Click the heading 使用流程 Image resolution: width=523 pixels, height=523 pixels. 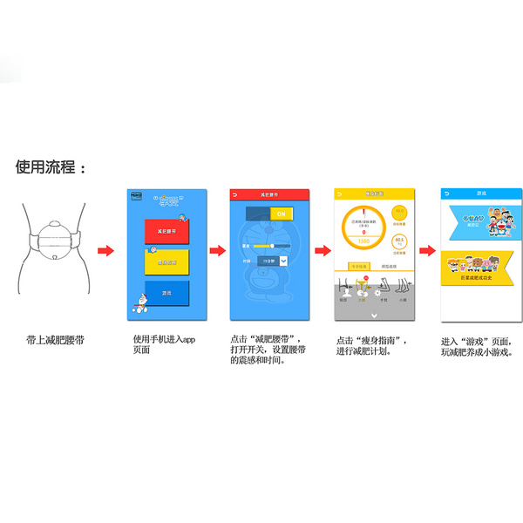click(51, 166)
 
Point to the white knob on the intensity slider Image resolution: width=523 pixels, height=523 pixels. click(274, 247)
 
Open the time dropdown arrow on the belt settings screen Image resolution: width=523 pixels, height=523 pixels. click(286, 259)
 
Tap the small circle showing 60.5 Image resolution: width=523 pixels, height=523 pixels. click(400, 241)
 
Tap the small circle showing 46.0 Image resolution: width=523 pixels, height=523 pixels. click(400, 213)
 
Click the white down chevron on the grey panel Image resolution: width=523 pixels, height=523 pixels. click(373, 315)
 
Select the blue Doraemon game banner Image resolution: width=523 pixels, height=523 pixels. click(479, 219)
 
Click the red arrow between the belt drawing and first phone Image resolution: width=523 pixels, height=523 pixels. click(105, 251)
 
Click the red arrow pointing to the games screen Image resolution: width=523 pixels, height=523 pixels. click(427, 251)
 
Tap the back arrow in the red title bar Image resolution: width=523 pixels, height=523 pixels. click(234, 192)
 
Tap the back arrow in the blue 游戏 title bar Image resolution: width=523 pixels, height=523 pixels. click(447, 192)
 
